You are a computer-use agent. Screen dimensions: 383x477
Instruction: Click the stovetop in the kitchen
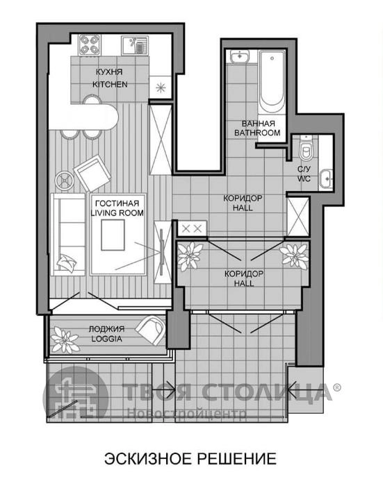[89, 44]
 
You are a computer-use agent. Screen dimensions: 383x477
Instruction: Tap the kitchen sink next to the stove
[135, 45]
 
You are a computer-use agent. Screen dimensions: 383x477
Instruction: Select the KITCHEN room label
[110, 84]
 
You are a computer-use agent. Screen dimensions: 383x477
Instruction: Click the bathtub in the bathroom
[272, 81]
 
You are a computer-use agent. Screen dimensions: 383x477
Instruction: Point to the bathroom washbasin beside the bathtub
[239, 56]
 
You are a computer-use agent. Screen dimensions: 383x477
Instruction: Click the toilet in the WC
[306, 148]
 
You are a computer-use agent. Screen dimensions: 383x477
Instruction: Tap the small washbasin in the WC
[325, 179]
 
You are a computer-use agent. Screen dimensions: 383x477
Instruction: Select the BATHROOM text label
[257, 133]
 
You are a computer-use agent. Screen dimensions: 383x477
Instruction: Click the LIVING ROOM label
[117, 213]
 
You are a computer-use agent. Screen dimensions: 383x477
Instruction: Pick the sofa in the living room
[67, 234]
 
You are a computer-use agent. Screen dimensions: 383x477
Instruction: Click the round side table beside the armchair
[65, 181]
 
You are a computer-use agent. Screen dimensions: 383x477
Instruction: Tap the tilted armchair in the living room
[92, 173]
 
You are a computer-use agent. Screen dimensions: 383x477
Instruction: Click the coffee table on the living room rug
[113, 235]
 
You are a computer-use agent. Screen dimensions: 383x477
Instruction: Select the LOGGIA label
[106, 339]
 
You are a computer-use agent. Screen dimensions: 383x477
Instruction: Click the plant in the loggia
[65, 340]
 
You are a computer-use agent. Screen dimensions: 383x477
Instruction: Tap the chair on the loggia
[150, 330]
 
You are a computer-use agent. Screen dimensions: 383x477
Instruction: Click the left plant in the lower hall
[190, 256]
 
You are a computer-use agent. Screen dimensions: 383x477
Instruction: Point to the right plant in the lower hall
[294, 256]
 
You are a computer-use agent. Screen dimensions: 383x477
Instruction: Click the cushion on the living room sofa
[66, 262]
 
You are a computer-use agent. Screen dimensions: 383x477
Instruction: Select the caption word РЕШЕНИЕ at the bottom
[236, 458]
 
